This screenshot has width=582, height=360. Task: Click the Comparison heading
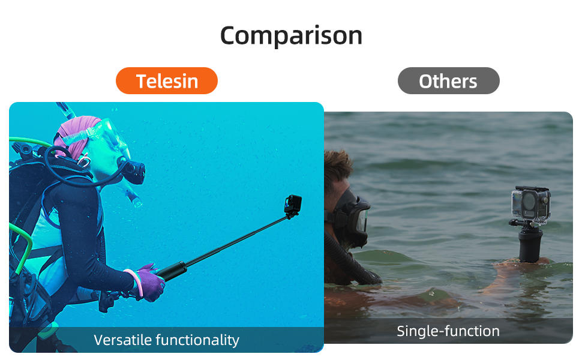point(291,36)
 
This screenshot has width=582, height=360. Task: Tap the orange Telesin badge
point(167,81)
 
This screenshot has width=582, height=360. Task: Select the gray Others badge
point(448,81)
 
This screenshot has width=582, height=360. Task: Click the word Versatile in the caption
point(123,340)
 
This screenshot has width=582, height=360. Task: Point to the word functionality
point(197,340)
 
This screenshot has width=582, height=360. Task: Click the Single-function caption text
point(448,331)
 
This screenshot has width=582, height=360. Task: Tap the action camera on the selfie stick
point(293,205)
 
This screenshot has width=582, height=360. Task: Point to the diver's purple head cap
point(76,134)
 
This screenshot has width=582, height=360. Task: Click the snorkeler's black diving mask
point(351,219)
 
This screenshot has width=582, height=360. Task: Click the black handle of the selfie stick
point(172,271)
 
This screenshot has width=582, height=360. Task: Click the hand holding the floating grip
point(520,264)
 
